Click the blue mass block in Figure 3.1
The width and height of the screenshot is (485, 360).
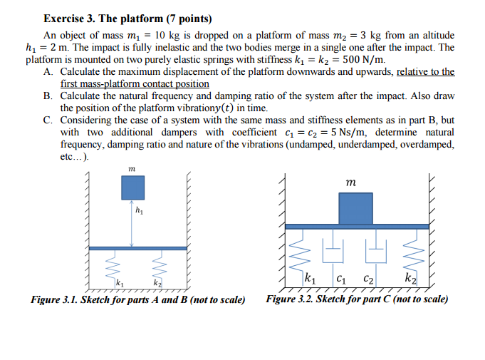(x=132, y=187)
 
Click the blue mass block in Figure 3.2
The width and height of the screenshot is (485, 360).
(x=355, y=208)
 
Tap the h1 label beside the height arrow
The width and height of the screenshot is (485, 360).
(x=139, y=210)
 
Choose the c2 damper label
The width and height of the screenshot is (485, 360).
(x=369, y=278)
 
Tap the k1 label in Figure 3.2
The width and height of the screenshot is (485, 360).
(x=311, y=277)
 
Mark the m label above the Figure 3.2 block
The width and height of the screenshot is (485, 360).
(x=350, y=184)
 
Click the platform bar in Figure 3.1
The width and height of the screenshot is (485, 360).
(x=132, y=248)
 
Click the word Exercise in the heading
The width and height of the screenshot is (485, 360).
(x=66, y=19)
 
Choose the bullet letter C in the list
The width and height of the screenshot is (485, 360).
(x=48, y=121)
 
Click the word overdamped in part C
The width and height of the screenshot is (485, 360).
(x=424, y=145)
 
